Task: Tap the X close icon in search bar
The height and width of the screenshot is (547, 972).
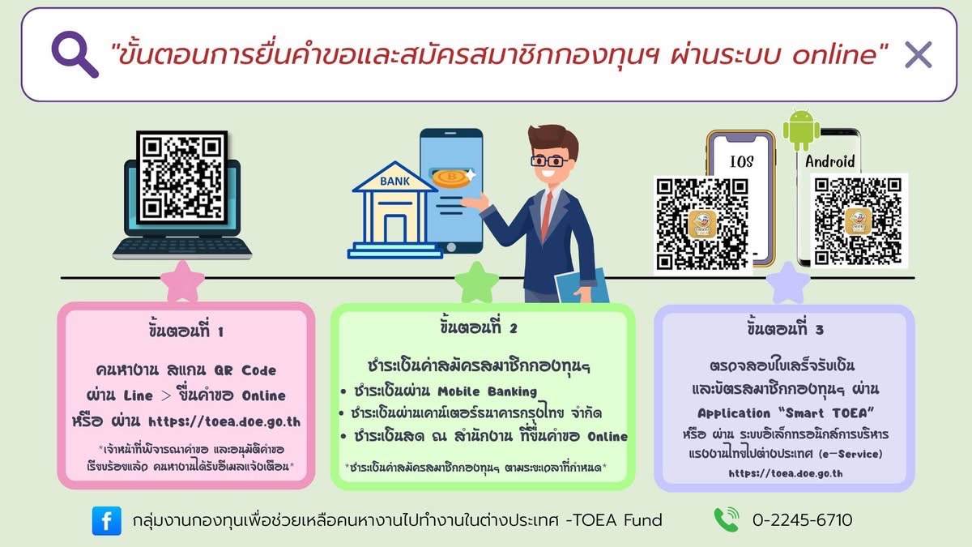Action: click(919, 55)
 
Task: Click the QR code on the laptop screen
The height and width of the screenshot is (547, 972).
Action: click(181, 177)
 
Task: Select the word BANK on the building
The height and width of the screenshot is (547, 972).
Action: click(394, 181)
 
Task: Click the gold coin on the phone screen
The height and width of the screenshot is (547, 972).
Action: click(451, 178)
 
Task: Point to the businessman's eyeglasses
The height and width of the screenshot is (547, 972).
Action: click(548, 161)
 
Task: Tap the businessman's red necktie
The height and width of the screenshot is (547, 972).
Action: click(546, 216)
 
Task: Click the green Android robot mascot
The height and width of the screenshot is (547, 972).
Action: click(801, 129)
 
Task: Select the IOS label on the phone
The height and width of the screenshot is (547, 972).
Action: click(742, 161)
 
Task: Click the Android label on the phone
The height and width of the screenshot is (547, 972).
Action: click(829, 161)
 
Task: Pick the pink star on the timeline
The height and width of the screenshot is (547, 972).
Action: click(182, 282)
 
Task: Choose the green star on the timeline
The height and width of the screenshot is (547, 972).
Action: click(476, 283)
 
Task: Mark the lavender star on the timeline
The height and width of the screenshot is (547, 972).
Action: click(788, 283)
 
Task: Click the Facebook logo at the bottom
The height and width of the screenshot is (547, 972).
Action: click(107, 520)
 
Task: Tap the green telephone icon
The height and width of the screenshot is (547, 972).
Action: click(727, 519)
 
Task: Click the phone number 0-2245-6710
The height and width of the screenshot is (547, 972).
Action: click(803, 520)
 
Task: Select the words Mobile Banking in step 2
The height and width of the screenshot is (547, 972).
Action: click(488, 391)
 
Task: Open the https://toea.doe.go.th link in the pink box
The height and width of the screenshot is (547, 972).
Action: click(224, 421)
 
